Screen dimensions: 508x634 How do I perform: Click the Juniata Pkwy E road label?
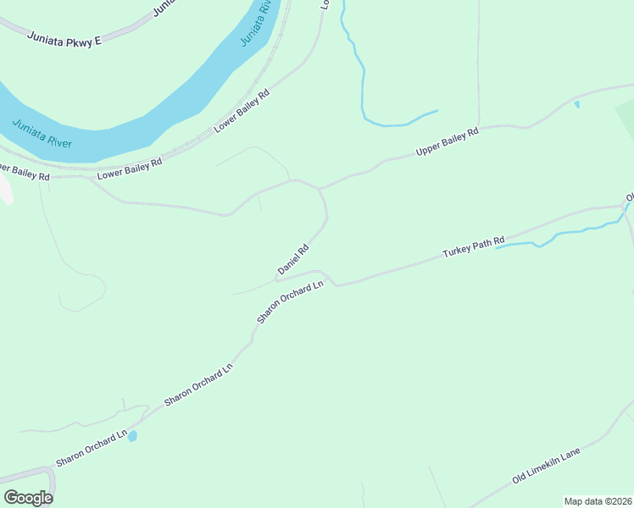[x=64, y=38]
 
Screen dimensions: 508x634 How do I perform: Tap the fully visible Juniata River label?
[x=42, y=134]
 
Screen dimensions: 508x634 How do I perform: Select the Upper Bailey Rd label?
[x=448, y=141]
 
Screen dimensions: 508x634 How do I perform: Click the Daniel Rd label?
[x=292, y=260]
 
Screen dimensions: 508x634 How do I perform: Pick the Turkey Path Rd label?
[x=474, y=246]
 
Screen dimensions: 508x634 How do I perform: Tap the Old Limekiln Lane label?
[x=547, y=467]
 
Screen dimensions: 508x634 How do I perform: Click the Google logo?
[x=29, y=498]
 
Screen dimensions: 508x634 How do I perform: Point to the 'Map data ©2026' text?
[x=598, y=501]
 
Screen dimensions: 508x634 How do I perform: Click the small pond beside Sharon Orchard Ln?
[x=132, y=436]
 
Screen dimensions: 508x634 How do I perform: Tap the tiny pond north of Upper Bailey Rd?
[x=577, y=105]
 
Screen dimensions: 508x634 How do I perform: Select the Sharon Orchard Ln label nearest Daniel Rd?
[x=291, y=301]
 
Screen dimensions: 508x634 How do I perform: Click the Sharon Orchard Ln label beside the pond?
[x=91, y=449]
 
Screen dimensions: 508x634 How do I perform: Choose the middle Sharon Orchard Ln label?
[x=198, y=384]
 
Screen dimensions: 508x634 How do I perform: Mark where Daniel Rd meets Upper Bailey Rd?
[x=320, y=188]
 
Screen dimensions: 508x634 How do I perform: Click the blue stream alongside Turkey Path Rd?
[x=559, y=235]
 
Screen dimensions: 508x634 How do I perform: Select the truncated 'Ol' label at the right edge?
[x=629, y=198]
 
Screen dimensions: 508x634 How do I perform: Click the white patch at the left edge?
[x=5, y=190]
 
